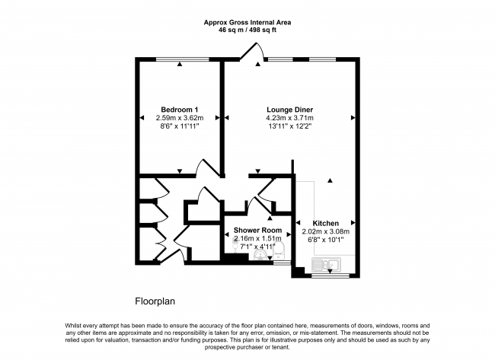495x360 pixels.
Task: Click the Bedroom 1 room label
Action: (x=179, y=110)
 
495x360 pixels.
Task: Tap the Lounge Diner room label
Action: (x=290, y=110)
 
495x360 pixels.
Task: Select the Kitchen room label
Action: (x=326, y=224)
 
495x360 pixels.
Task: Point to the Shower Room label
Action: (x=257, y=231)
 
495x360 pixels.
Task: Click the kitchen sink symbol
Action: (x=326, y=264)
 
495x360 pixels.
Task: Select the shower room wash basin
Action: (x=260, y=255)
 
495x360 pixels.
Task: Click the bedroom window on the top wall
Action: (x=183, y=59)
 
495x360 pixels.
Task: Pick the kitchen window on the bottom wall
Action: (x=331, y=276)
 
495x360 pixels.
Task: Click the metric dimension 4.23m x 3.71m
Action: (x=290, y=118)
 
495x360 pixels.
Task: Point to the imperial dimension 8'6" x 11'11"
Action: (x=179, y=126)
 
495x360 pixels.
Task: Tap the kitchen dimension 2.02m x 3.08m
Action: (x=326, y=231)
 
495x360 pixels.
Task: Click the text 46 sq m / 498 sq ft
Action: (x=247, y=30)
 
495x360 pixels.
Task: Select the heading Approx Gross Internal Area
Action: (x=247, y=22)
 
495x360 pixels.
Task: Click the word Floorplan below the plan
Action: (x=155, y=301)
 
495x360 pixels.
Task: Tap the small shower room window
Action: (x=282, y=262)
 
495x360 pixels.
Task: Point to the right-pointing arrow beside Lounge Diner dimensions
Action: (x=353, y=118)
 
